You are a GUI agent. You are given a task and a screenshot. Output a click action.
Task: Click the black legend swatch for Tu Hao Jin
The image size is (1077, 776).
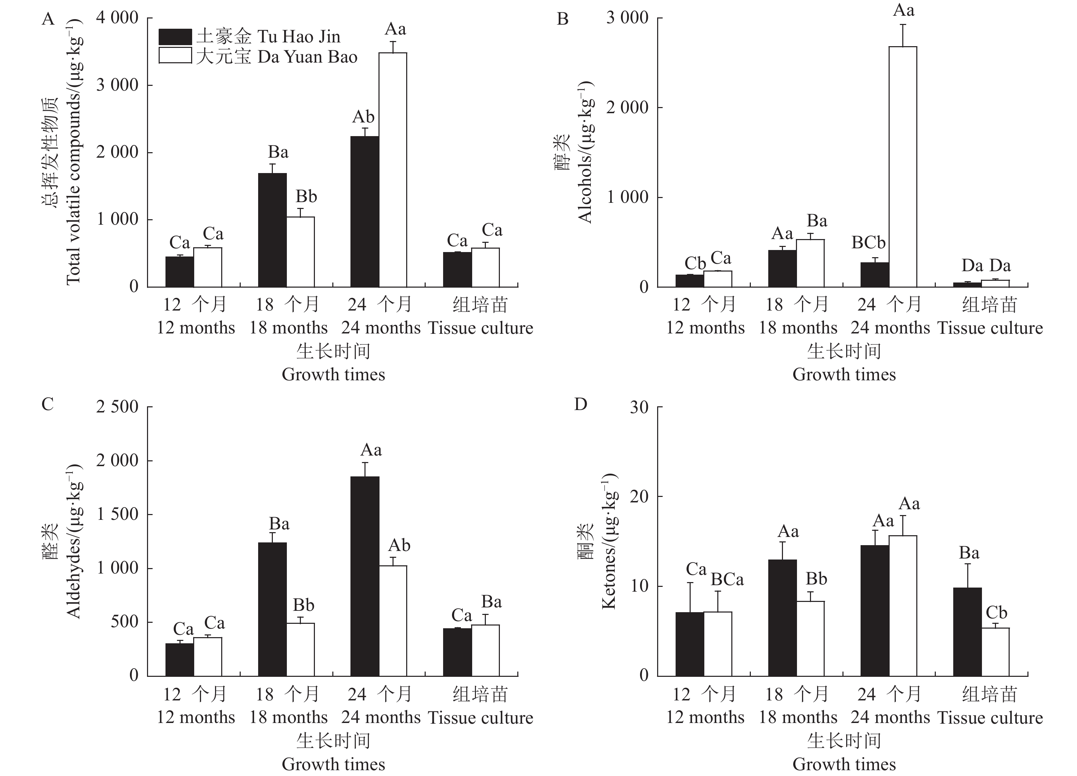pyautogui.click(x=175, y=37)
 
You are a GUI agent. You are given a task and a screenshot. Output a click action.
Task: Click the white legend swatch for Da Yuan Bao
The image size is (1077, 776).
pyautogui.click(x=175, y=56)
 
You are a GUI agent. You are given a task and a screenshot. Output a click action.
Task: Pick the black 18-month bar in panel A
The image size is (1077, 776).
pyautogui.click(x=272, y=230)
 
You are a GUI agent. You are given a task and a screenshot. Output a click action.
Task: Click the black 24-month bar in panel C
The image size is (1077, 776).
pyautogui.click(x=365, y=576)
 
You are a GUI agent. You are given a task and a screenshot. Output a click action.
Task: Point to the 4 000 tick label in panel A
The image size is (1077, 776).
pyautogui.click(x=117, y=18)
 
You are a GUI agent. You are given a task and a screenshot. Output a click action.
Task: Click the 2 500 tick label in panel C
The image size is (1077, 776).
pyautogui.click(x=117, y=407)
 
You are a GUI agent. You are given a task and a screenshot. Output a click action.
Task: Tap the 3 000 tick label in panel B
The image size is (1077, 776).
pyautogui.click(x=627, y=18)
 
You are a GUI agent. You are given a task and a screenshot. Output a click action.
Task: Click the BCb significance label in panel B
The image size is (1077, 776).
pyautogui.click(x=868, y=243)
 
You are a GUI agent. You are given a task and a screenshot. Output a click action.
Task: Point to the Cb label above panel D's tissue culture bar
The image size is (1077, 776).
pyautogui.click(x=996, y=613)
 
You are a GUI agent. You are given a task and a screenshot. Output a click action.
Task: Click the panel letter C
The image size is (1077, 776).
pyautogui.click(x=48, y=404)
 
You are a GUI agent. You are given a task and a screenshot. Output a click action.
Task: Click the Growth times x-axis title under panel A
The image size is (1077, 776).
pyautogui.click(x=333, y=375)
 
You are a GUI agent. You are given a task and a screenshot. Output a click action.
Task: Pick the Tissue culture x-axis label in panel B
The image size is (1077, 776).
pyautogui.click(x=990, y=328)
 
